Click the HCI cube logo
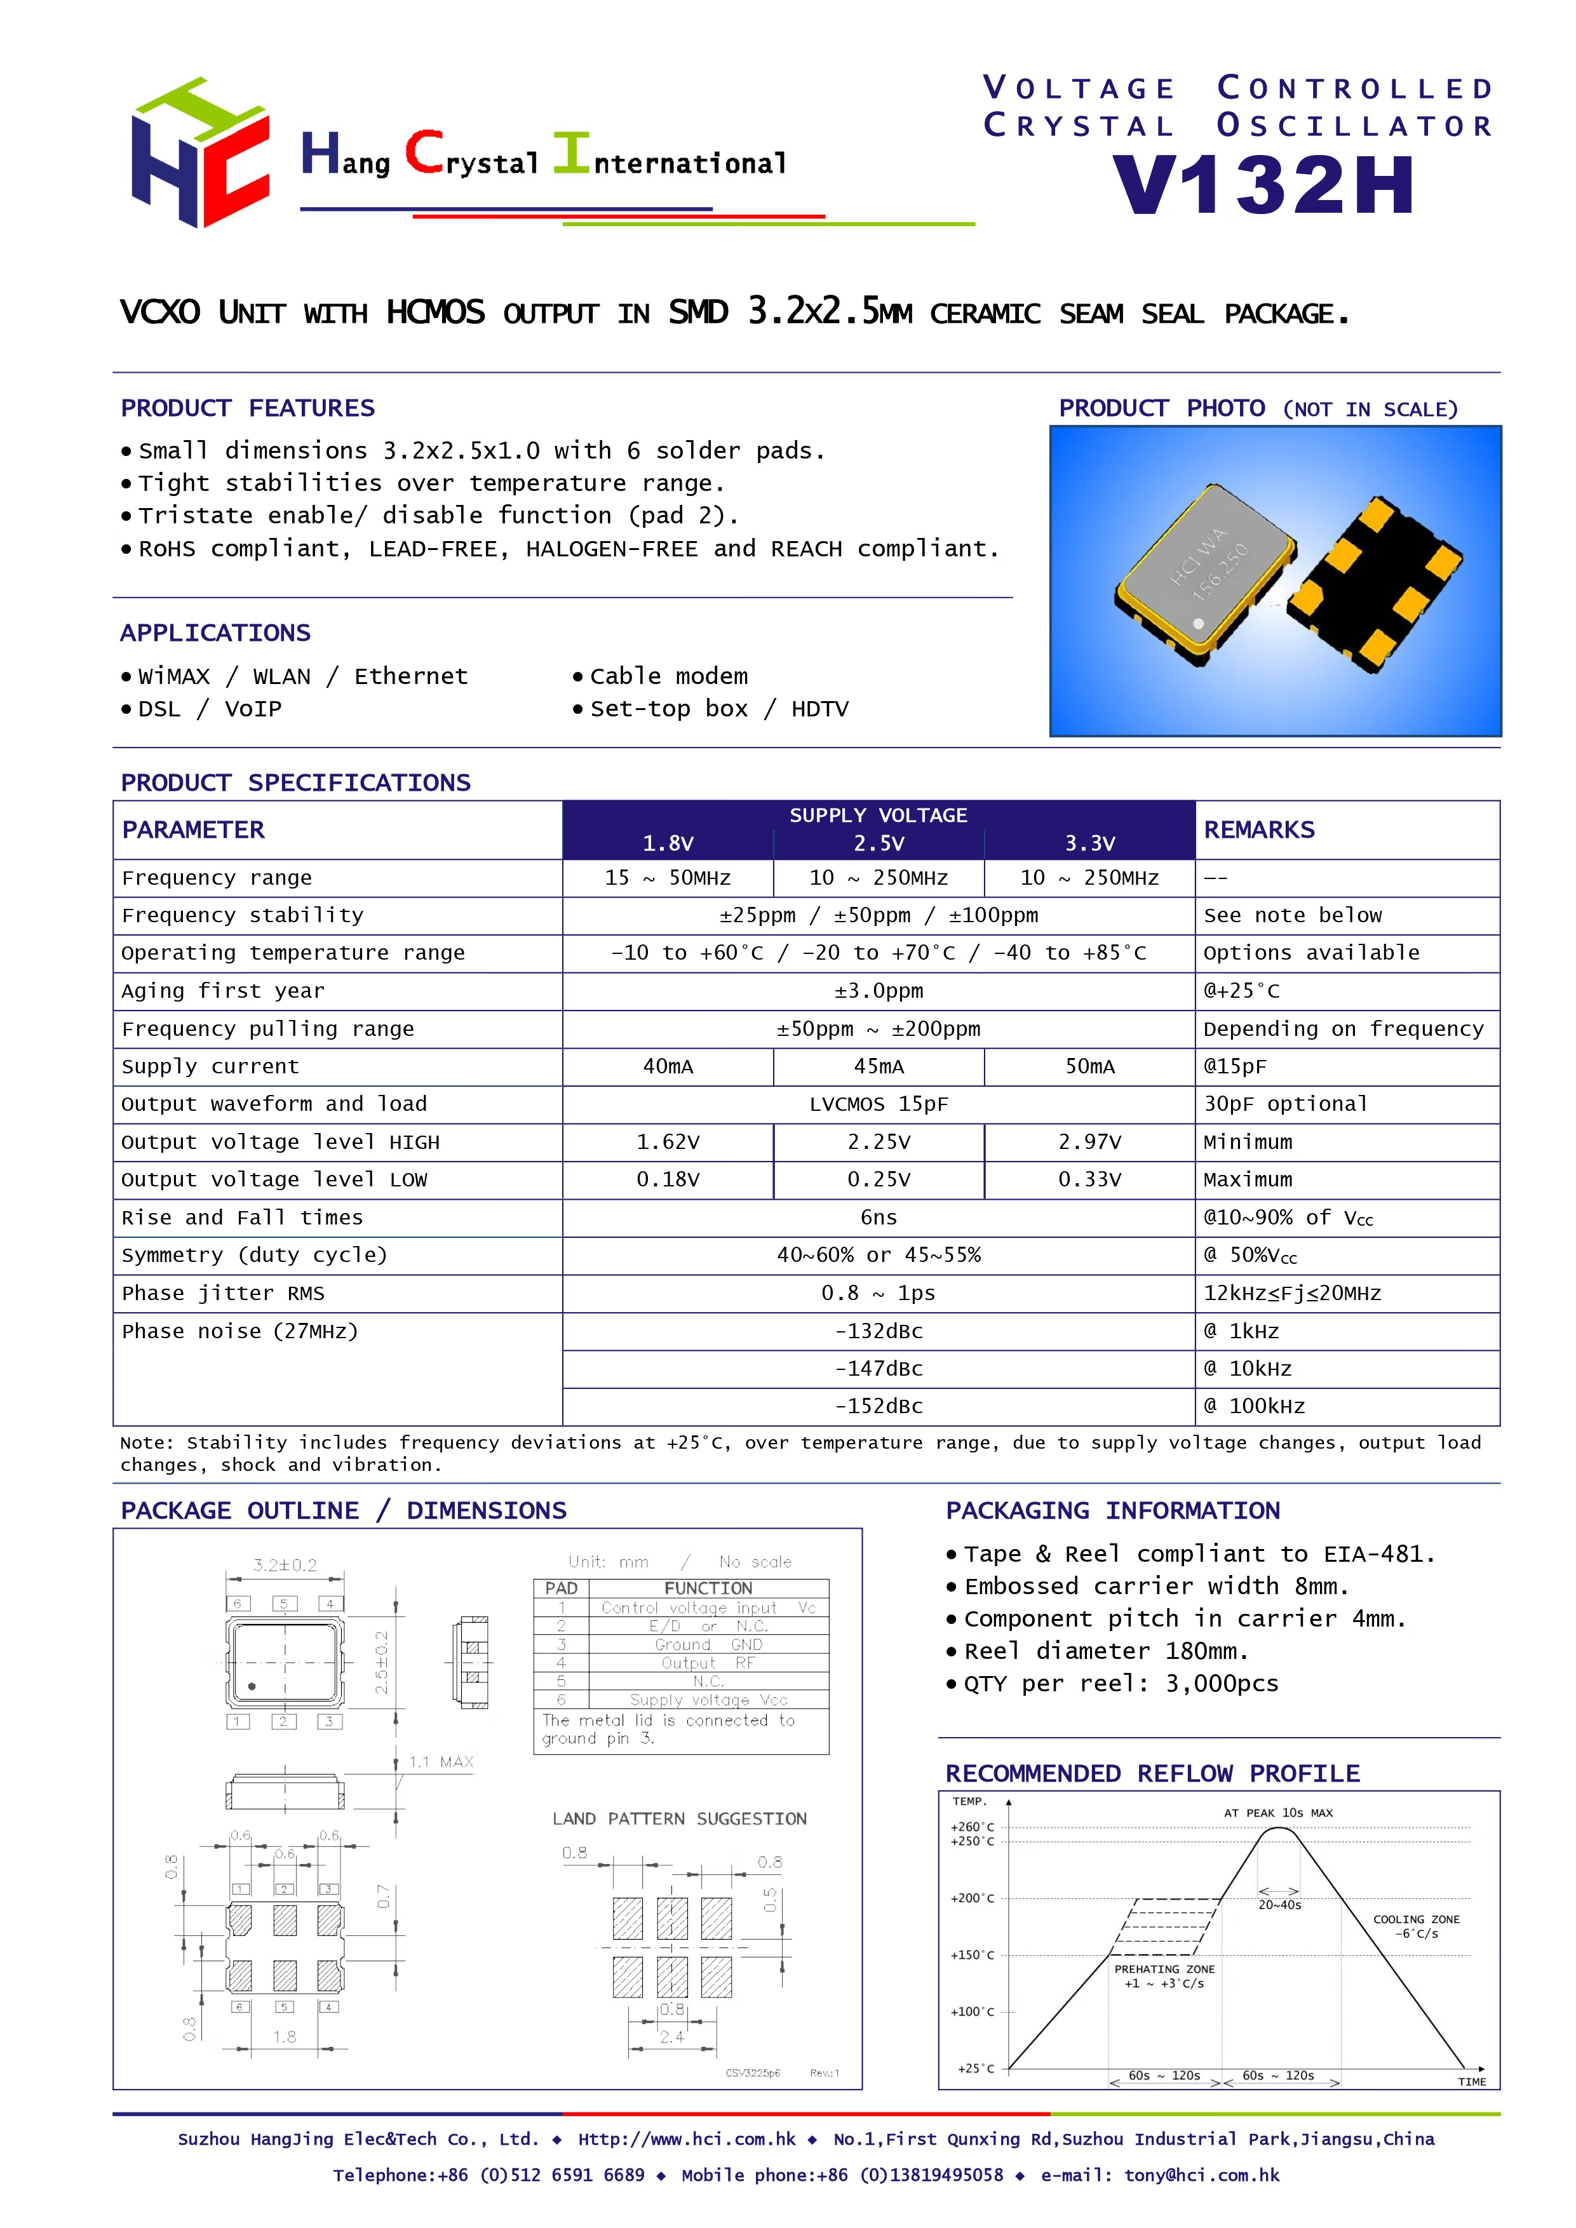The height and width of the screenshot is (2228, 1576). [x=200, y=153]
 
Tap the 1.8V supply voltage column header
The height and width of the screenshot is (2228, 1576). [x=668, y=843]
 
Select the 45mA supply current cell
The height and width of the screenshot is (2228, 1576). [x=879, y=1066]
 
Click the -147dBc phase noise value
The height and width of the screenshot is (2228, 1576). [x=879, y=1368]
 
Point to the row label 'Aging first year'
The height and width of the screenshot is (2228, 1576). [x=223, y=991]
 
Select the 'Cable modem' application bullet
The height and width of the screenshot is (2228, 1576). [x=669, y=676]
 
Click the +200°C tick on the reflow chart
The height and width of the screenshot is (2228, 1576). [x=973, y=1898]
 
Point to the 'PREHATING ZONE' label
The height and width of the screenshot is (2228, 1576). [x=1164, y=1969]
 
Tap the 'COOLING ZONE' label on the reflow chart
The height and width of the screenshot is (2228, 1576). [x=1416, y=1919]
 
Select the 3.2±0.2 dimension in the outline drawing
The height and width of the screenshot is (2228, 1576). [x=285, y=1564]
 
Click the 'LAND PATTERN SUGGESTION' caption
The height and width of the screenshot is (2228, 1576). [x=679, y=1818]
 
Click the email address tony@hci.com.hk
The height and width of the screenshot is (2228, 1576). [x=1201, y=2175]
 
